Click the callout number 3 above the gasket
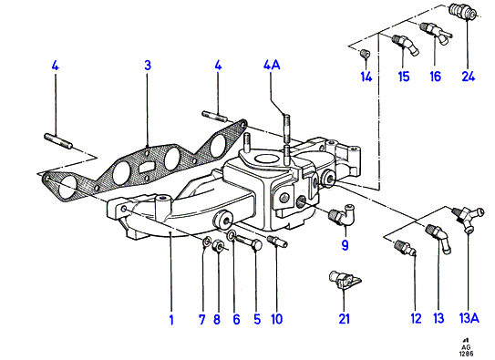click(x=148, y=66)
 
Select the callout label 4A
click(x=272, y=65)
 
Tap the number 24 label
click(x=469, y=77)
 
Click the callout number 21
click(x=344, y=319)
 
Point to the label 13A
click(x=469, y=318)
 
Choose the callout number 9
click(x=345, y=245)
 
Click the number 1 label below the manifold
click(x=171, y=320)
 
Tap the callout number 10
click(x=276, y=319)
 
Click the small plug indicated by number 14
click(x=366, y=54)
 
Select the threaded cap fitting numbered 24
click(x=463, y=12)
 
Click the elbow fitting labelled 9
click(x=343, y=214)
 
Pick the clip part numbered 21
click(x=344, y=280)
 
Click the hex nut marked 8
click(x=218, y=245)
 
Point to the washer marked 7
click(x=207, y=242)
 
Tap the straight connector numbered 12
click(x=406, y=248)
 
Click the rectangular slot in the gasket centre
click(x=146, y=167)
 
